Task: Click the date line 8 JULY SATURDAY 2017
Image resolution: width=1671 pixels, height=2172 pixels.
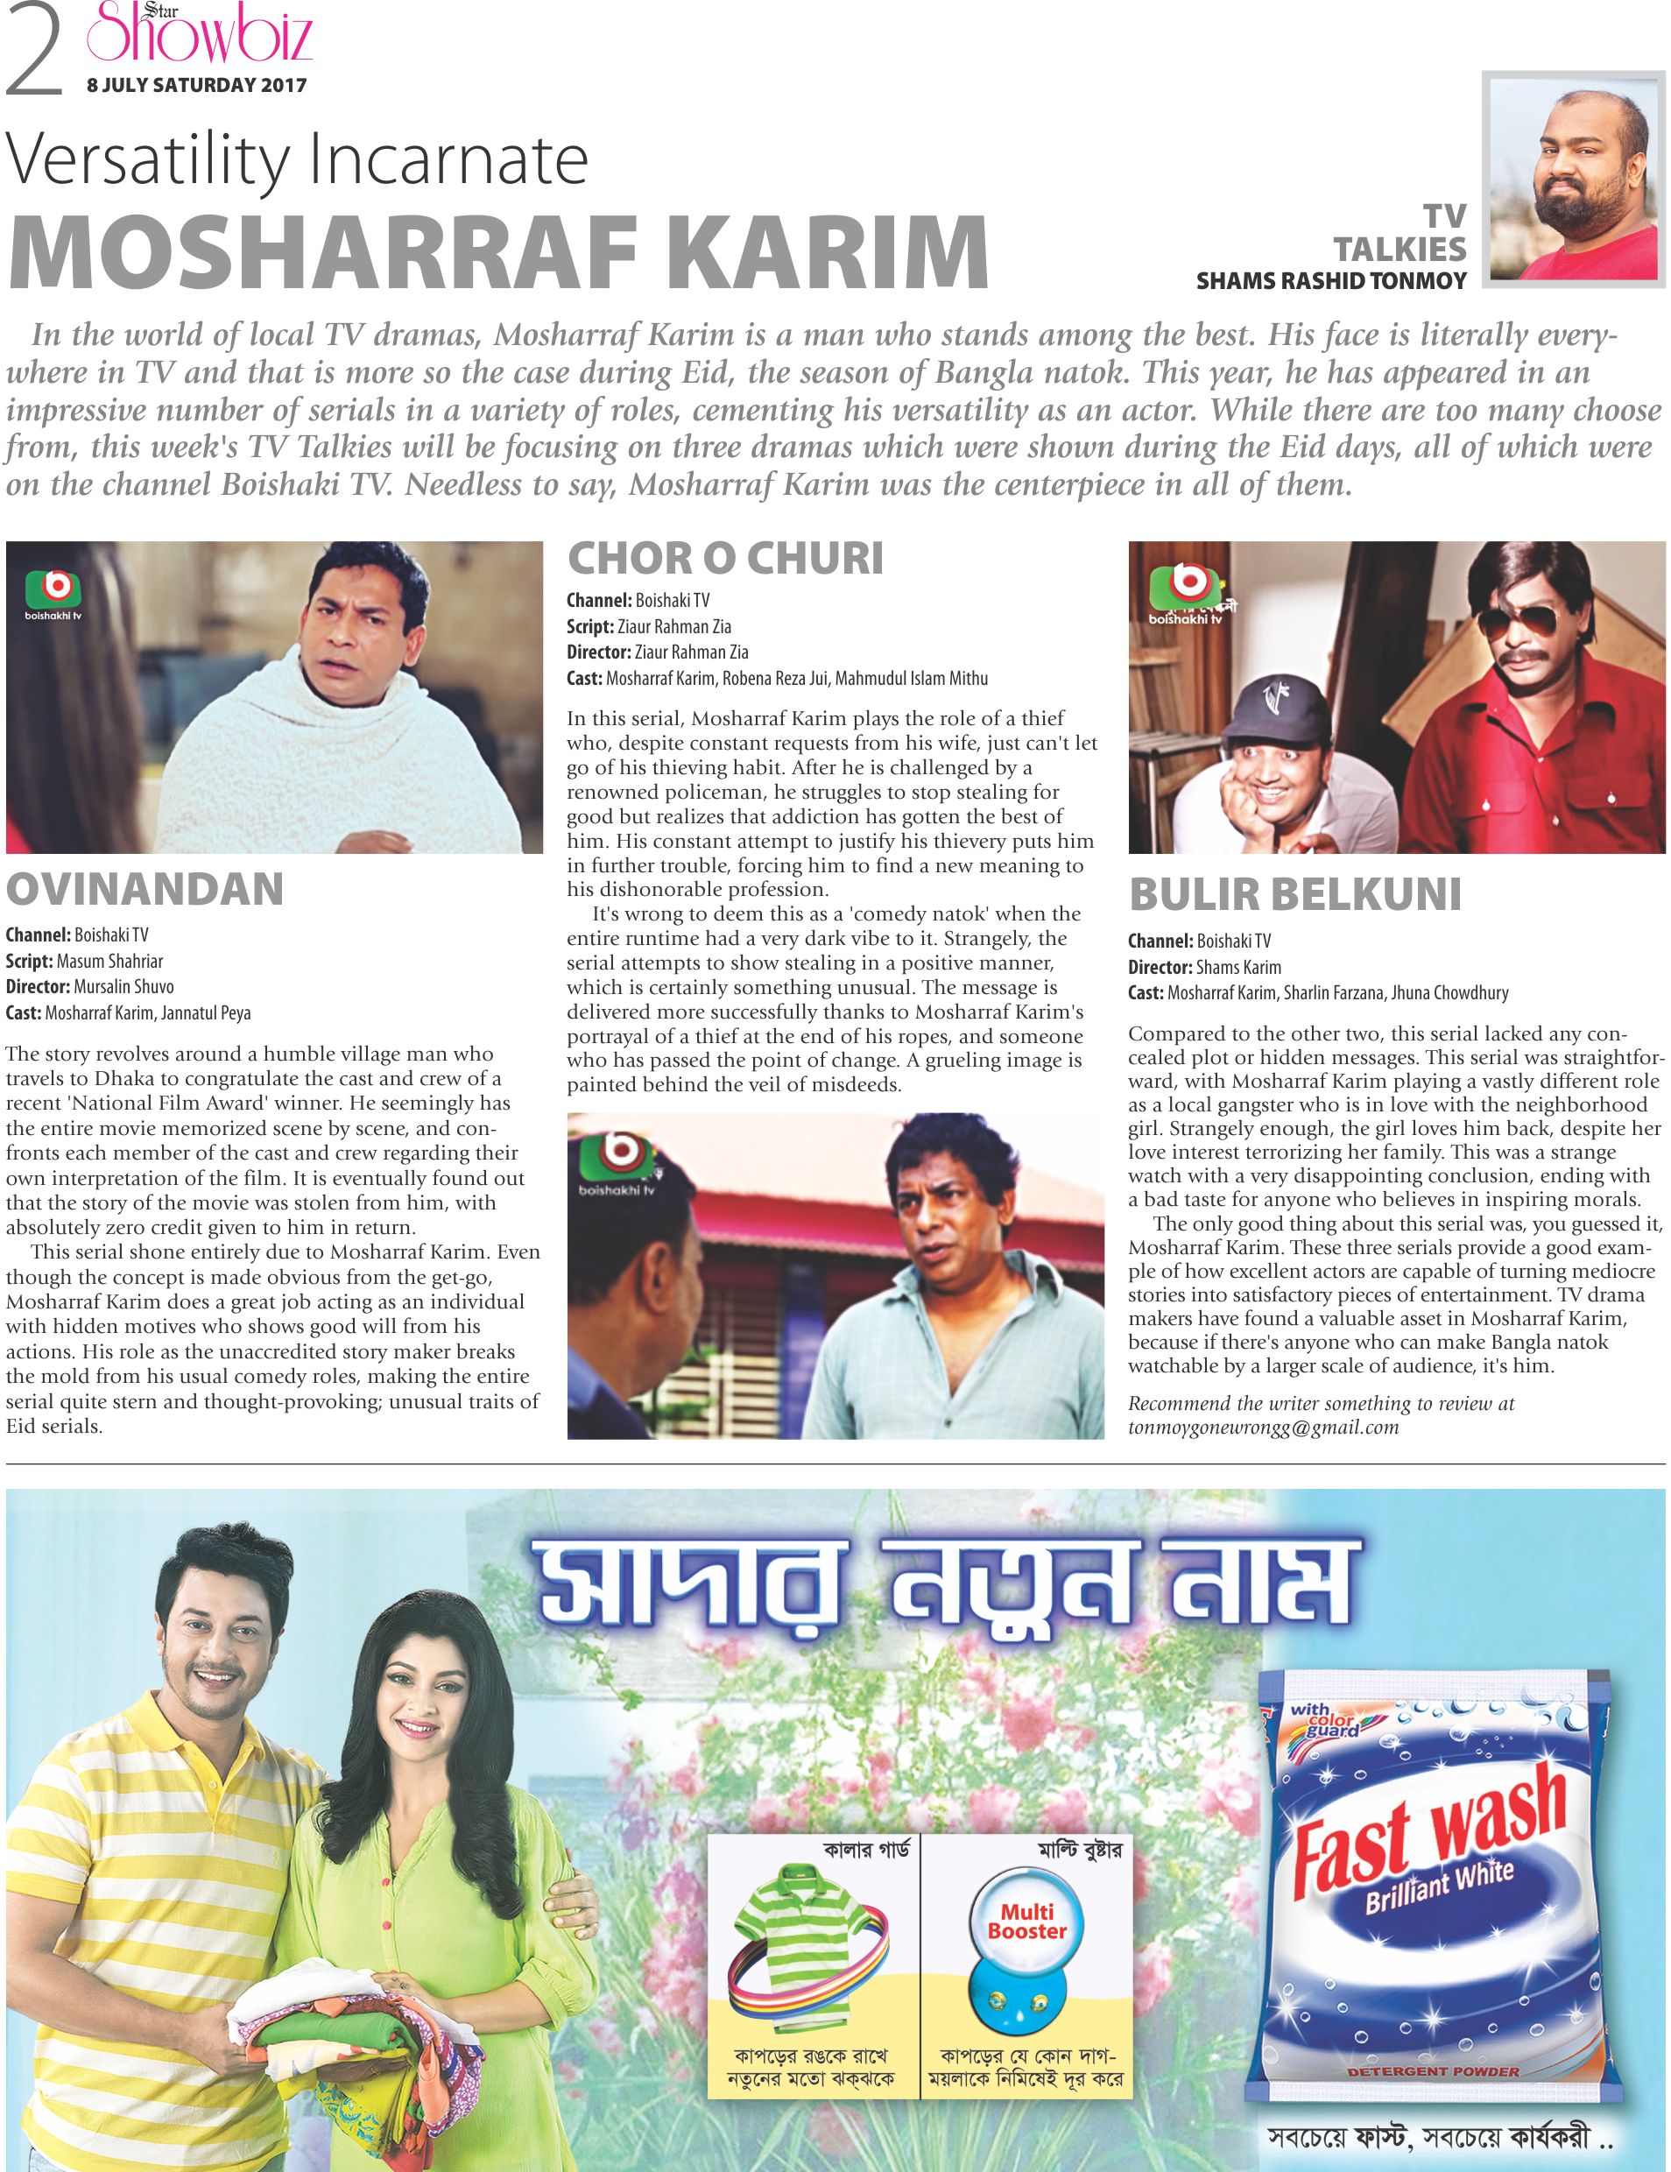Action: tap(196, 86)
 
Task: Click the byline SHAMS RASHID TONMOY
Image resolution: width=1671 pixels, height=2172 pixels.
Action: tap(1331, 281)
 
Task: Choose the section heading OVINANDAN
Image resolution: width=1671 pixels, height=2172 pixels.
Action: tap(145, 889)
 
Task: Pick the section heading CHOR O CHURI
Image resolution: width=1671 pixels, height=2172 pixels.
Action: tap(724, 558)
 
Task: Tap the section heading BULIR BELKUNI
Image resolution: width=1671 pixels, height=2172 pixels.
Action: tap(1295, 894)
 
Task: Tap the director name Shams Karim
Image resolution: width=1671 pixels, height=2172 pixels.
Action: tap(1238, 967)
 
